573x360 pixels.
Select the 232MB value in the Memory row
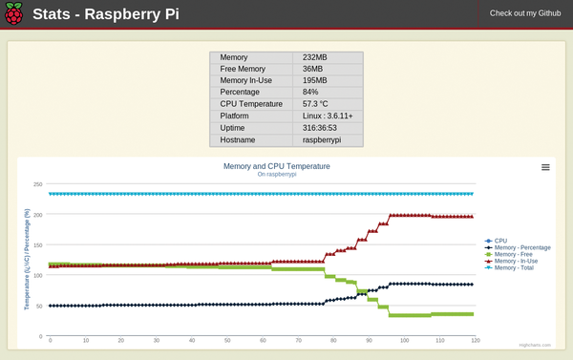pos(316,57)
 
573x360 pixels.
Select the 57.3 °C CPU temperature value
pos(322,104)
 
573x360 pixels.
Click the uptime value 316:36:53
pos(322,127)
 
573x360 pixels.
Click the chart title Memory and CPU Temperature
pos(276,166)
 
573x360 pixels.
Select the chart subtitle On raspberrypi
pos(276,175)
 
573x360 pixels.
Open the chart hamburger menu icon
pos(545,167)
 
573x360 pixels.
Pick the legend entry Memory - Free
pos(517,254)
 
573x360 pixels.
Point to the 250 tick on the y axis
pos(38,184)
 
